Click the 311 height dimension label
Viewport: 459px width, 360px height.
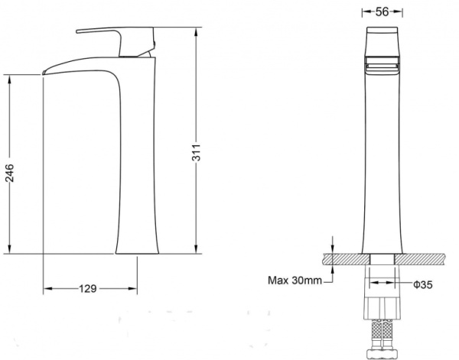197,152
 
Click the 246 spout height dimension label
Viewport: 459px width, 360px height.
9,173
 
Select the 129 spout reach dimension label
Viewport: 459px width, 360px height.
88,289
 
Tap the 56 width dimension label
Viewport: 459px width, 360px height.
382,11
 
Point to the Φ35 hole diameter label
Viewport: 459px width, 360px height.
423,284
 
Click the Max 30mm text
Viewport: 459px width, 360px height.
295,281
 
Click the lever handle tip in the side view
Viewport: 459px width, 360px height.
78,31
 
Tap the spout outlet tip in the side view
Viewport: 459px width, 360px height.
44,73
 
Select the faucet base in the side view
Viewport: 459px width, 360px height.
137,251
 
